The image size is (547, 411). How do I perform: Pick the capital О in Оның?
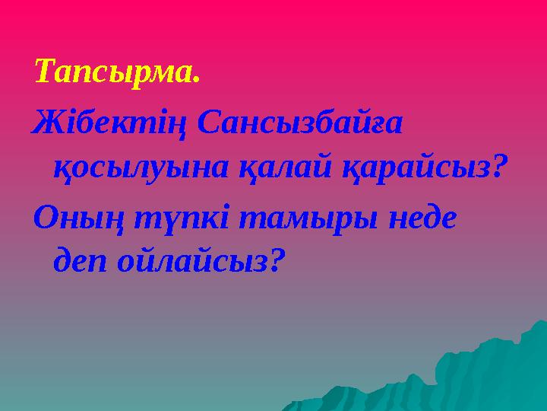45,217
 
